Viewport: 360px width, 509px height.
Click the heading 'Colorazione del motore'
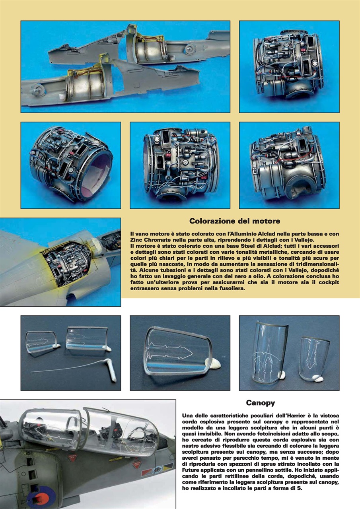234,221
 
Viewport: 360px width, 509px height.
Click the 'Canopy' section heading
260,403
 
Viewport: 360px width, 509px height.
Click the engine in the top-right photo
288,66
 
